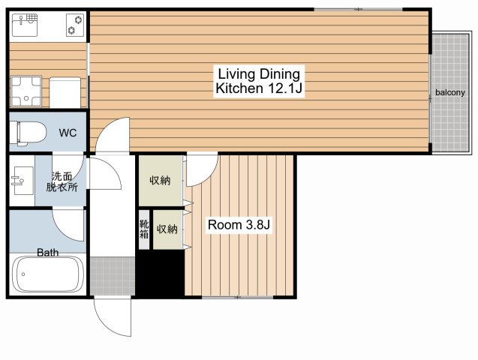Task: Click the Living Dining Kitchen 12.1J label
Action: pos(259,81)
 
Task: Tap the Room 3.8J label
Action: pos(239,225)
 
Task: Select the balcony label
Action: pos(450,92)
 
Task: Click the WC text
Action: pos(68,133)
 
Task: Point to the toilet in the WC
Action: pos(28,133)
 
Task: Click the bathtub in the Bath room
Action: pos(48,274)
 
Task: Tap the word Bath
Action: pos(48,252)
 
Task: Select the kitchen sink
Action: pos(25,24)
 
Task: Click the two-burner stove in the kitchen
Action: pos(75,25)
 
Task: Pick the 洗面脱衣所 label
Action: pos(62,181)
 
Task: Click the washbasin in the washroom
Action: pos(23,181)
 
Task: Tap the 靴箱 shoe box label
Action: pos(144,229)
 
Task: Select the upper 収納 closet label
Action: pos(160,181)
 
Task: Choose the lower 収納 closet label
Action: pos(167,229)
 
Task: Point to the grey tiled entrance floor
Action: pos(113,276)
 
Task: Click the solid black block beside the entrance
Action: pos(161,272)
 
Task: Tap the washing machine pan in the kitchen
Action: pos(26,91)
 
